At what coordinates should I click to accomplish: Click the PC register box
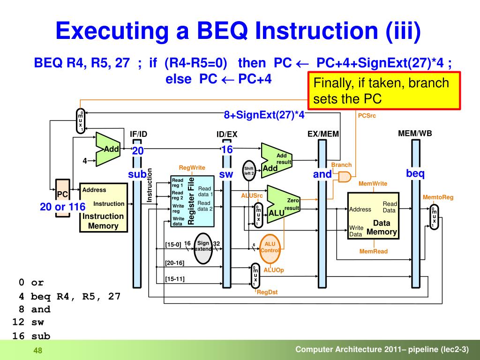[62, 194]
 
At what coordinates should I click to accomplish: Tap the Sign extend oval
[203, 246]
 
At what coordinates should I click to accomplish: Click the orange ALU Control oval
[270, 247]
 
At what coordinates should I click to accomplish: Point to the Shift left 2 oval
[248, 171]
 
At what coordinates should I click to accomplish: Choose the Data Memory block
[373, 216]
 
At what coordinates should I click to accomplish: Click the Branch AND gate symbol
[345, 177]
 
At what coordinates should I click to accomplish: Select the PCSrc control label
[367, 115]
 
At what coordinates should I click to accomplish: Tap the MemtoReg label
[438, 197]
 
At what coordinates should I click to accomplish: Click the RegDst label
[267, 292]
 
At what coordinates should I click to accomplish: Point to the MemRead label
[374, 252]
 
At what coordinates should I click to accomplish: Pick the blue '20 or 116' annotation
[63, 207]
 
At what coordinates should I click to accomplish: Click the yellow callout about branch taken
[384, 91]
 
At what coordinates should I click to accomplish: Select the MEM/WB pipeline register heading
[415, 134]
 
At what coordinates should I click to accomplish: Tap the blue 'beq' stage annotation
[415, 173]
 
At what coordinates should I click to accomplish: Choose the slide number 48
[37, 351]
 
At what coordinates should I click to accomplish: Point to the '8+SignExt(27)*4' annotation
[264, 115]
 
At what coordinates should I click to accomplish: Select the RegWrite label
[192, 167]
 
